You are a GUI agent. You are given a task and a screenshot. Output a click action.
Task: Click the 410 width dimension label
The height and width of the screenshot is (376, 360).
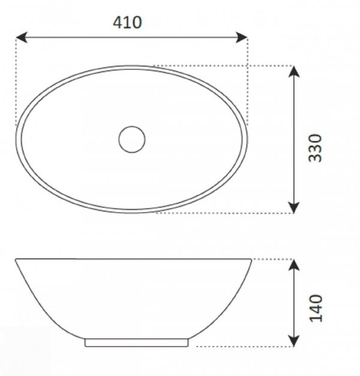click(127, 23)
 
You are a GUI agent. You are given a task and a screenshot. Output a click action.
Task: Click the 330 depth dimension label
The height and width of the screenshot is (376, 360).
click(315, 148)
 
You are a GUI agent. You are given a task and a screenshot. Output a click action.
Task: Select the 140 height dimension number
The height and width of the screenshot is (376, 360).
click(316, 308)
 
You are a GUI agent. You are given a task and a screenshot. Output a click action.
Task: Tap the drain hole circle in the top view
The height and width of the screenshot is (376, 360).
click(132, 139)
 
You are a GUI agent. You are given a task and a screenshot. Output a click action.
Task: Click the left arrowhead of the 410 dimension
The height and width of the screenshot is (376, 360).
click(22, 37)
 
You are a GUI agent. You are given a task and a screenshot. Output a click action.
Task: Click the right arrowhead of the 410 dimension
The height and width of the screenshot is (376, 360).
click(242, 37)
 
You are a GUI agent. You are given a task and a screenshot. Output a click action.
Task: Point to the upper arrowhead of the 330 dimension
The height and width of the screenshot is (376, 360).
click(293, 71)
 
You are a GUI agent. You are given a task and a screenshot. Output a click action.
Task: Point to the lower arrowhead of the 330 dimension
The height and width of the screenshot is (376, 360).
click(293, 207)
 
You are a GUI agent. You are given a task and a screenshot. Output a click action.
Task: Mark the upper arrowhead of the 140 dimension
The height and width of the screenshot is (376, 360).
click(293, 265)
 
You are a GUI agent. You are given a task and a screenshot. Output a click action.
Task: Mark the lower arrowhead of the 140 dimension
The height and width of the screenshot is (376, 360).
click(293, 341)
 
